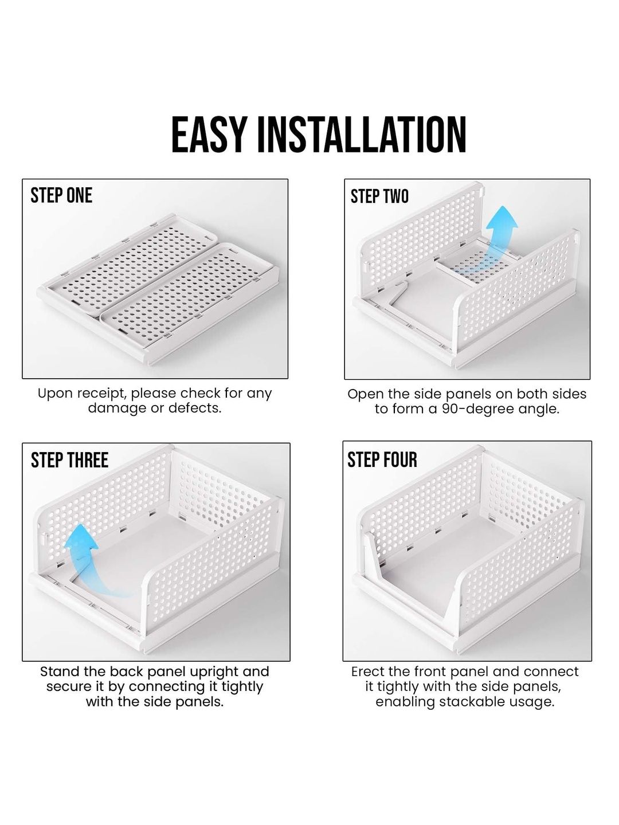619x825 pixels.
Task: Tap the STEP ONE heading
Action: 61,196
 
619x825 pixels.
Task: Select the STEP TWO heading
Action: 379,196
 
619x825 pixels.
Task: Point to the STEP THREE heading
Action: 69,460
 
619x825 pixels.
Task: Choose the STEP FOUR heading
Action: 382,459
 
